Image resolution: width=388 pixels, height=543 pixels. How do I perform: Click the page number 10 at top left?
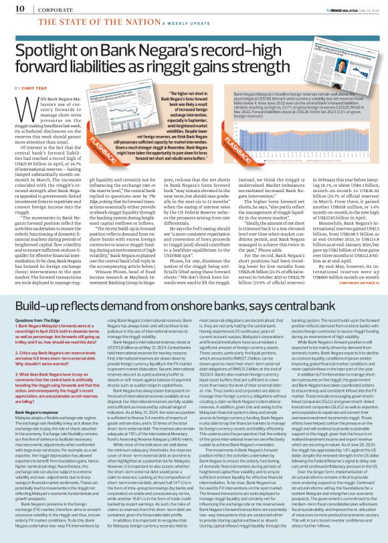coord(12,7)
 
